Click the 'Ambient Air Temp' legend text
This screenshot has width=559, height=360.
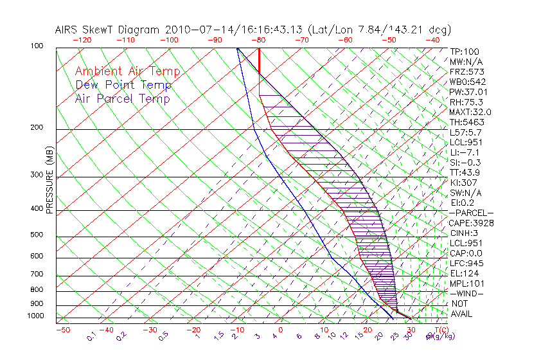(127, 71)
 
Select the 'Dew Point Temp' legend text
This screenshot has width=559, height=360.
(123, 85)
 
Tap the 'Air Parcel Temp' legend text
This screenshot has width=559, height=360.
(122, 98)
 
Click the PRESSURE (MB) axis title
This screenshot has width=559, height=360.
(50, 181)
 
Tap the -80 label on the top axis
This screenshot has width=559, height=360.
(259, 40)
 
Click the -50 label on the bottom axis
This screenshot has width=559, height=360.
(62, 330)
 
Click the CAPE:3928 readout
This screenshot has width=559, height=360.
(471, 223)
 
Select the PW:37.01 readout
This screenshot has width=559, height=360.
(469, 92)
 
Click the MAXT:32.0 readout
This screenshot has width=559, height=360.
(471, 112)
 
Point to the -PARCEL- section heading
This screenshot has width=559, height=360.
(471, 213)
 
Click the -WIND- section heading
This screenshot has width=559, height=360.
(467, 293)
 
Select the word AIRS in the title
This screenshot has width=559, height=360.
(67, 30)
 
